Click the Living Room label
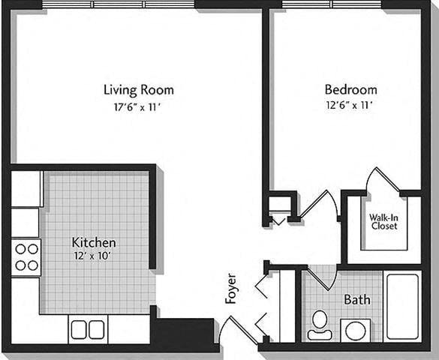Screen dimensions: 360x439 click(x=131, y=90)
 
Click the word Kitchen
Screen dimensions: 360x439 click(x=94, y=242)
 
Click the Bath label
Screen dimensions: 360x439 click(x=356, y=300)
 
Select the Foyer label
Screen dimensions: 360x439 click(x=231, y=288)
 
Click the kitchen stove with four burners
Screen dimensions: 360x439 click(x=26, y=256)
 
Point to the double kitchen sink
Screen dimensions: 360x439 click(x=88, y=329)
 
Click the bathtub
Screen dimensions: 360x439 click(x=403, y=306)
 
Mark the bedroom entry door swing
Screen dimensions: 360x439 click(x=320, y=204)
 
